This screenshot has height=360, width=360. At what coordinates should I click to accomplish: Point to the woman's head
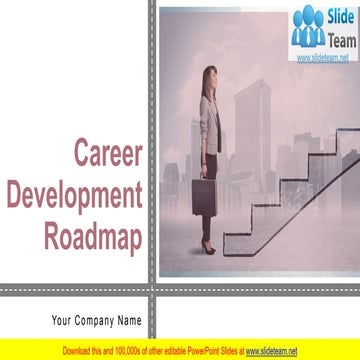(208, 78)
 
